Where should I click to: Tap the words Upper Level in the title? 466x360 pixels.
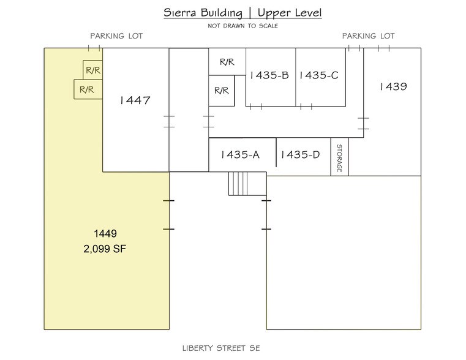pos(289,13)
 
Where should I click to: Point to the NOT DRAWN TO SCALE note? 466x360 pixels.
pos(242,26)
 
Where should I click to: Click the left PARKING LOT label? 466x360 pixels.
pos(116,36)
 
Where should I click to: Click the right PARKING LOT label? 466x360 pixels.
pos(368,36)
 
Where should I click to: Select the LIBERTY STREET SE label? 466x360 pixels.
pos(221,348)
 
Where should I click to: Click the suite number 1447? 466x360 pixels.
pos(135,100)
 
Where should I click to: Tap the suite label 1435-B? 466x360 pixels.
pos(269,75)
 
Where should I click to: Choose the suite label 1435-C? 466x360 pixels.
pos(318,75)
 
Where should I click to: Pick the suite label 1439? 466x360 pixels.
pos(393,86)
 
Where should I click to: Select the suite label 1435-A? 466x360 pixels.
pos(239,155)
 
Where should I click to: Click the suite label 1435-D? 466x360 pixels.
pos(299,155)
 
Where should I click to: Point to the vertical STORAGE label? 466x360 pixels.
pos(339,159)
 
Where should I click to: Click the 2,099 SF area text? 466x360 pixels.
pos(105,249)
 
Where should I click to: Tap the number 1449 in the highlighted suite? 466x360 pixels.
pos(105,233)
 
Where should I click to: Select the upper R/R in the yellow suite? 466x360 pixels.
pos(93,70)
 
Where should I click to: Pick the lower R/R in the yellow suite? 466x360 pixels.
pos(87,89)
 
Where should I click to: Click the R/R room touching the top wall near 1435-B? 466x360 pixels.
pos(227,62)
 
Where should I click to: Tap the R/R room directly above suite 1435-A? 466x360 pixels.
pos(221,91)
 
